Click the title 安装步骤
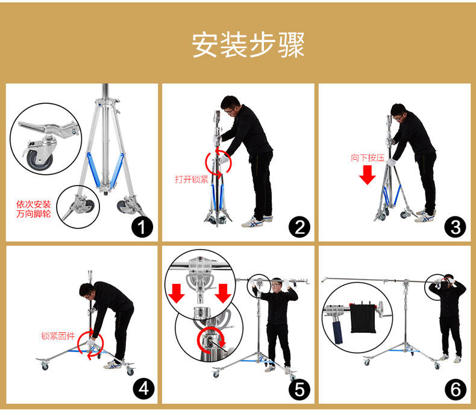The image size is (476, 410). point(248,45)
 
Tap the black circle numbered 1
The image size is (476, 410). point(142,227)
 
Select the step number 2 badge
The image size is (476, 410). point(299,227)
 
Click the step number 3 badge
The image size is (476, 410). point(455,227)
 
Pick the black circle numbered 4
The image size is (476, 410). point(143,389)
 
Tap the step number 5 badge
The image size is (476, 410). point(299,389)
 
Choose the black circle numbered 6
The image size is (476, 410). point(456,389)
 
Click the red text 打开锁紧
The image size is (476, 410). point(192,180)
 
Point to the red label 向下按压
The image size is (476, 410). point(368,157)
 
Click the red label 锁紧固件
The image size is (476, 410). point(58,336)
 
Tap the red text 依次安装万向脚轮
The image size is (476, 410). point(33,209)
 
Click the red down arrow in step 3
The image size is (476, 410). point(368,175)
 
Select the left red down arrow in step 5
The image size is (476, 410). point(177,293)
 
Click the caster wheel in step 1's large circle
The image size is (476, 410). point(39,159)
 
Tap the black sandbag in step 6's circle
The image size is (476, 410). point(363,318)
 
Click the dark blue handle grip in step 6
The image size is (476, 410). point(337,332)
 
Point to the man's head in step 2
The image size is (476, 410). point(230,106)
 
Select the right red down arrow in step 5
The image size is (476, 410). point(223,293)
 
